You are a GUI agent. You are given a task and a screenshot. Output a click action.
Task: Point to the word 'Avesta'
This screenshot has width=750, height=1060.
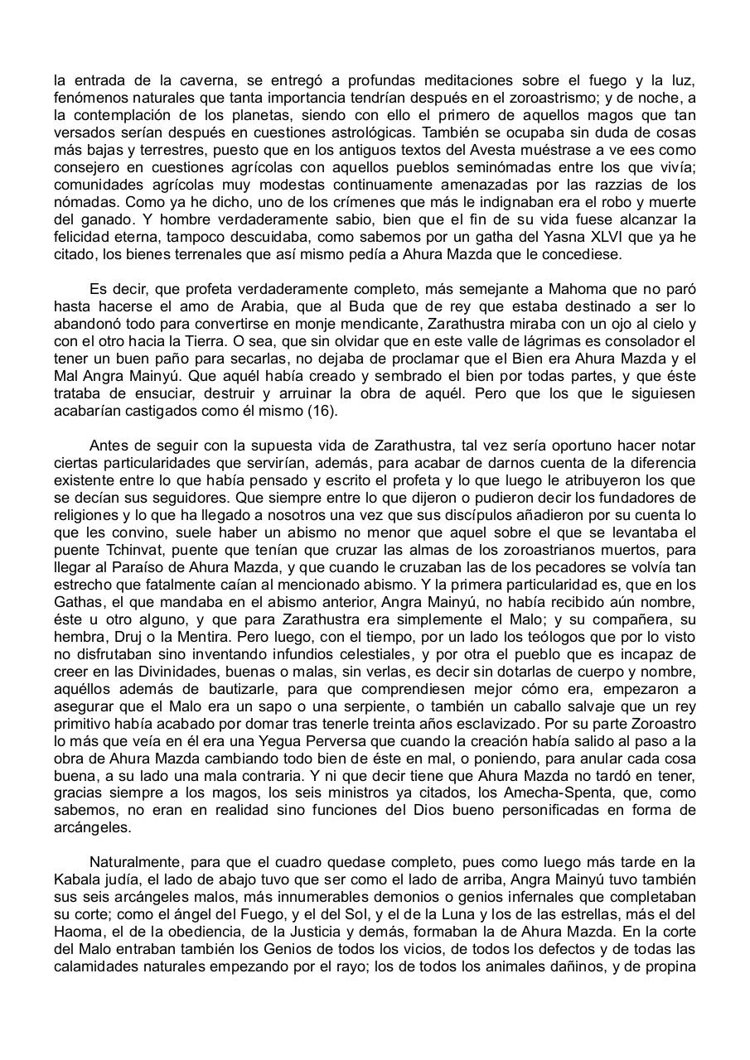(436, 150)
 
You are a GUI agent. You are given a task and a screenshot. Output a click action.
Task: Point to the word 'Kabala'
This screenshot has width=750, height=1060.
(78, 879)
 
